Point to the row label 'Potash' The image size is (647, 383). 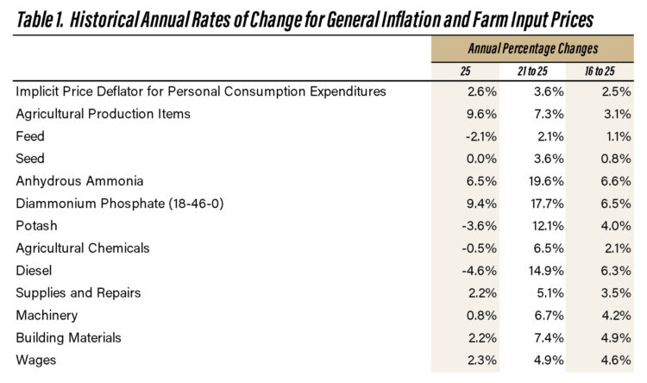click(x=36, y=225)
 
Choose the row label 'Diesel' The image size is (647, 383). click(x=35, y=270)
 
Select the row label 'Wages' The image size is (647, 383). click(x=36, y=360)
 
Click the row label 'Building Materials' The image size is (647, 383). click(x=68, y=337)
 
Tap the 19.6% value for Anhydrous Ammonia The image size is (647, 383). click(x=534, y=180)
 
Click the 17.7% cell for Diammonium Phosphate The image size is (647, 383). click(x=534, y=203)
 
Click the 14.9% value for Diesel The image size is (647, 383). click(x=534, y=270)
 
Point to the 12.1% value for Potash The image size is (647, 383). click(x=534, y=225)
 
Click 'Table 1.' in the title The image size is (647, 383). click(x=41, y=18)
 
